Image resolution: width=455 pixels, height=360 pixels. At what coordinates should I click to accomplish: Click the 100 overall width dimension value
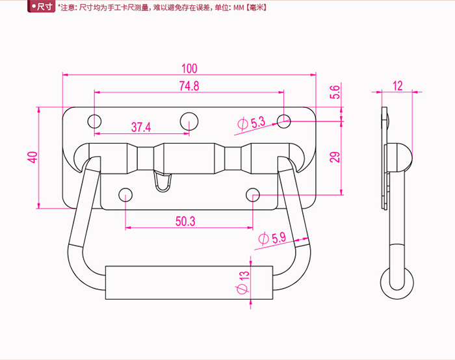(x=189, y=68)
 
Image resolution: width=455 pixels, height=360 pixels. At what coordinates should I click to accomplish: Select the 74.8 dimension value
(x=188, y=86)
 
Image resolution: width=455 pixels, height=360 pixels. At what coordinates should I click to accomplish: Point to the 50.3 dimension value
(x=185, y=221)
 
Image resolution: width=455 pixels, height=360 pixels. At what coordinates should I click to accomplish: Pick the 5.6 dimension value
(x=335, y=92)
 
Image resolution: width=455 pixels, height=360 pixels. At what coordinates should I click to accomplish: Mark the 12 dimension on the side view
(x=398, y=86)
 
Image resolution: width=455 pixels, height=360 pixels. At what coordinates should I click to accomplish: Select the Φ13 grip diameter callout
(x=242, y=281)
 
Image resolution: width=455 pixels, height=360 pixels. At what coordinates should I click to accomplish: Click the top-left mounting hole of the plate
(x=95, y=121)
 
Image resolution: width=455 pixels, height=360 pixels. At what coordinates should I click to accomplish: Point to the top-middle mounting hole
(x=189, y=120)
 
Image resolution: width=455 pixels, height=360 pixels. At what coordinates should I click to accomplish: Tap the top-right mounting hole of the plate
(x=284, y=120)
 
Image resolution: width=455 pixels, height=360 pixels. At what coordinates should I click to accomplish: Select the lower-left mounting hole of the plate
(x=125, y=194)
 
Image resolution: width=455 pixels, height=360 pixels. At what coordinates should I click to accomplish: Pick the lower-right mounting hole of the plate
(x=253, y=194)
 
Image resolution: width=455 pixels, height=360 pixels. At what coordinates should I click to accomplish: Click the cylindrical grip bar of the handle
(x=188, y=281)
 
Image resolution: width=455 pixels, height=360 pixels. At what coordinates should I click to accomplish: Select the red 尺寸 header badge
(x=42, y=7)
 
